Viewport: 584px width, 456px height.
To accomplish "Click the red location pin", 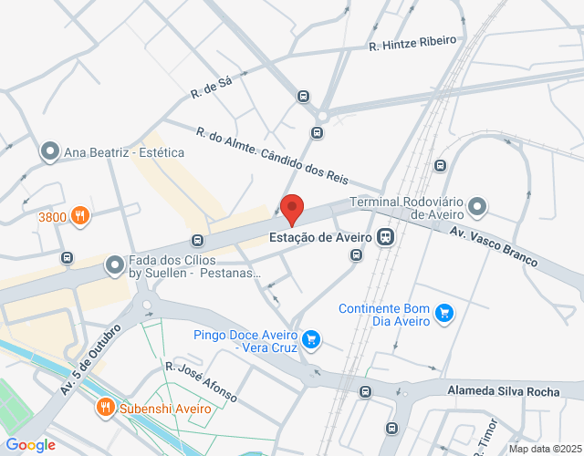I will click(x=292, y=209).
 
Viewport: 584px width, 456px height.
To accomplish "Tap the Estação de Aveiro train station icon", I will click(x=386, y=237).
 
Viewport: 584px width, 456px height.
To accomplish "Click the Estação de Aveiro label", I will click(x=319, y=237).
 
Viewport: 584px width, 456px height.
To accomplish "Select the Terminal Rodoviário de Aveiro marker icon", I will click(x=478, y=206).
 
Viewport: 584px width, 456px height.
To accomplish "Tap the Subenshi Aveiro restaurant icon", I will click(x=106, y=408).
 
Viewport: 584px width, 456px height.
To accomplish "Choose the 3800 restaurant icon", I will click(x=80, y=216).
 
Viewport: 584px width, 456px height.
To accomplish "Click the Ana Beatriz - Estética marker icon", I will click(x=51, y=152).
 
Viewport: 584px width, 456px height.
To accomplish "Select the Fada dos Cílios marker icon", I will click(x=115, y=265).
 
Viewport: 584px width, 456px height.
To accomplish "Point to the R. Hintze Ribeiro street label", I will click(x=412, y=42).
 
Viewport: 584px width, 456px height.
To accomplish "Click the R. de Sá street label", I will click(x=212, y=88).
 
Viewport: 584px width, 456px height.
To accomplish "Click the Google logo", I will click(x=30, y=445).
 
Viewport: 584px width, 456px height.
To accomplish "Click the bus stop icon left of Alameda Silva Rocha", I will click(x=365, y=392).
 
